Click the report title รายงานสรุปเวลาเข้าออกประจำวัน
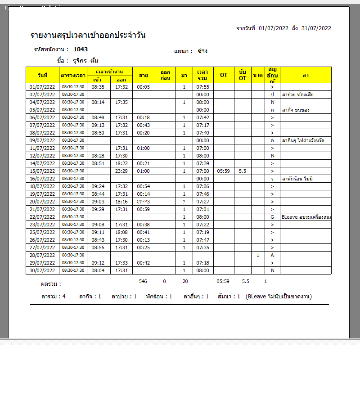click(88, 36)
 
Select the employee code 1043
click(81, 49)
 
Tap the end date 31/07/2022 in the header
click(316, 28)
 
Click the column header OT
click(224, 75)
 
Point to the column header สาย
click(144, 75)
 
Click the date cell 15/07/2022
click(42, 171)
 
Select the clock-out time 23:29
click(121, 171)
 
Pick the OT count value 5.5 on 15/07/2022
click(243, 171)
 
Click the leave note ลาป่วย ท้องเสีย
click(298, 94)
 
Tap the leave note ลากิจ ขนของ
click(296, 110)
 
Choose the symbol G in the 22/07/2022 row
click(272, 217)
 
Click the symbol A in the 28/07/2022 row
click(272, 255)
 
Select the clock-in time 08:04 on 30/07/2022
click(98, 270)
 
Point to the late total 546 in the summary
click(143, 281)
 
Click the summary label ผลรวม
click(50, 284)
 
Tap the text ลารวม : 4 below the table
click(54, 297)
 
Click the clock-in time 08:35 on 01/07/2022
click(98, 87)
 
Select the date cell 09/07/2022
click(42, 140)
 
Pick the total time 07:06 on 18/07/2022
click(203, 186)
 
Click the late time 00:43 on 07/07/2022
click(143, 125)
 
